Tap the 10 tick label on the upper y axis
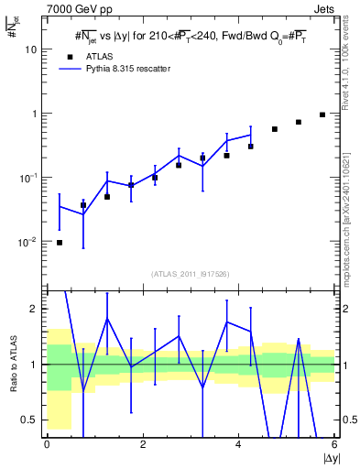click(29, 49)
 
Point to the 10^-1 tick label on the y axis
click(27, 178)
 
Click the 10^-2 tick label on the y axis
click(27, 242)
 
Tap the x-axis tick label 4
click(239, 444)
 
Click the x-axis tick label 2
click(143, 444)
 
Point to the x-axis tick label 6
click(334, 444)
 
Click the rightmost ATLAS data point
click(322, 115)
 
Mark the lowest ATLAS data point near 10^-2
click(60, 243)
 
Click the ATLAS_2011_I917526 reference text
click(191, 274)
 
